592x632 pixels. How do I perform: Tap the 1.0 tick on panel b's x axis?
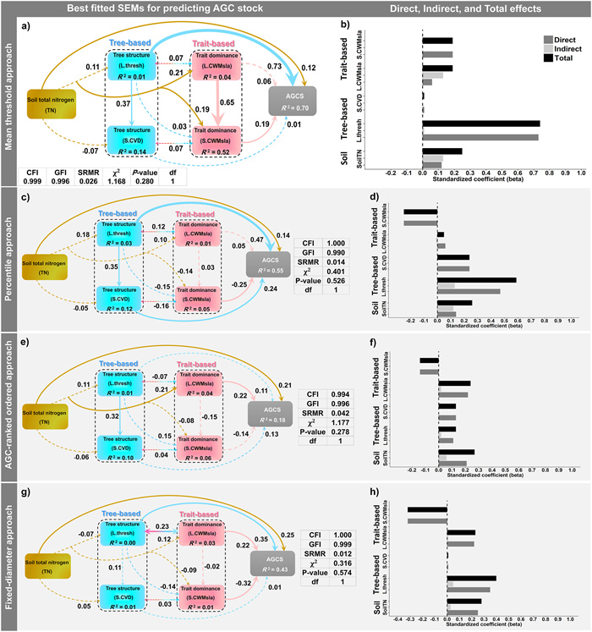pyautogui.click(x=581, y=173)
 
